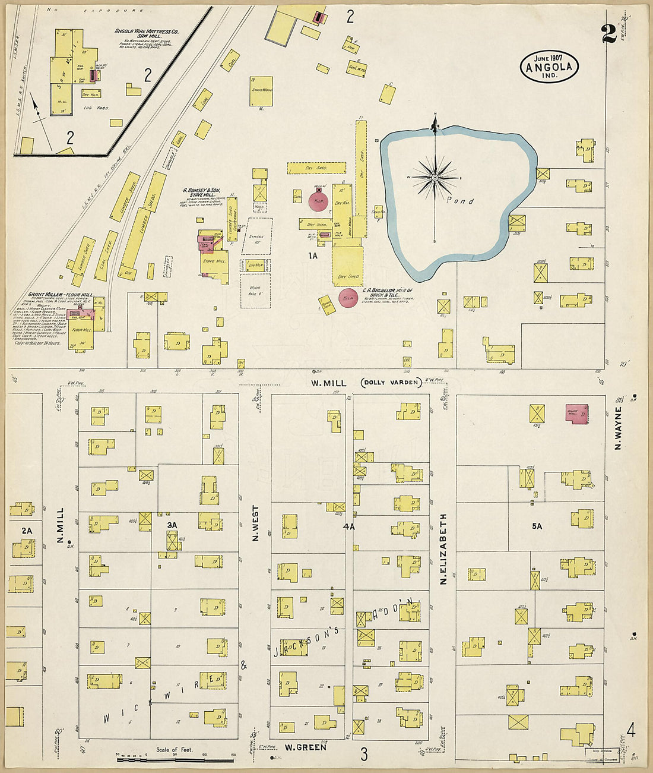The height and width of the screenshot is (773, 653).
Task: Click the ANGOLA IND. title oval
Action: click(x=549, y=67)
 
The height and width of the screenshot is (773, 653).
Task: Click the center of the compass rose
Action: click(x=435, y=177)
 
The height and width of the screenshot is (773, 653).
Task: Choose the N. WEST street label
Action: click(x=256, y=523)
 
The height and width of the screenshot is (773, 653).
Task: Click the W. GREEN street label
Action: click(x=305, y=747)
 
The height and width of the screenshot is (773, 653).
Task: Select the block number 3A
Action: click(x=172, y=525)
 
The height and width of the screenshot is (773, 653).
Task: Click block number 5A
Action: click(x=537, y=526)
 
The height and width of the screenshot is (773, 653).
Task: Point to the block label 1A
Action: click(x=313, y=255)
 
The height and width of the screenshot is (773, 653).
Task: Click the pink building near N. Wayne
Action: click(x=577, y=414)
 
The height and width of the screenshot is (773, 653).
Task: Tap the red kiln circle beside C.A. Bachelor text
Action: click(x=348, y=298)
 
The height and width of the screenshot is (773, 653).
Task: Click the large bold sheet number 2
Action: click(x=609, y=34)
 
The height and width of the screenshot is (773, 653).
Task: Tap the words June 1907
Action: click(x=549, y=58)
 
